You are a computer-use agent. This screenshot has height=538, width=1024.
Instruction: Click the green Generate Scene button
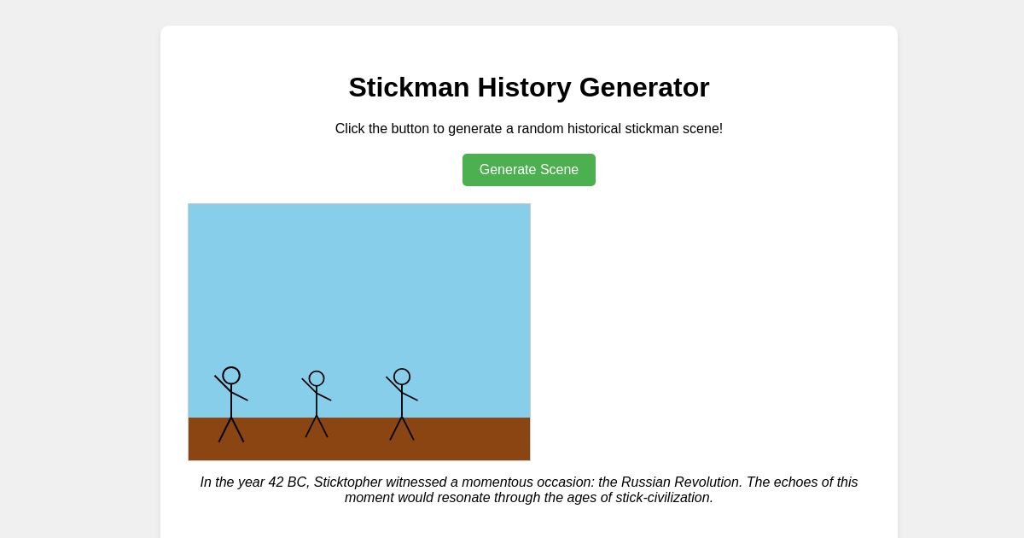529,170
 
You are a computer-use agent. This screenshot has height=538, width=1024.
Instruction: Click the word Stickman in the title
409,87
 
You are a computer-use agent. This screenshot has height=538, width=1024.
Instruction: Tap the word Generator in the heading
644,87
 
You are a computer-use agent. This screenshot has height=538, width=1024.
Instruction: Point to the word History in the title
524,87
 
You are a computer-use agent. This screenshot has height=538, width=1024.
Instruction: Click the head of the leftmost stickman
231,376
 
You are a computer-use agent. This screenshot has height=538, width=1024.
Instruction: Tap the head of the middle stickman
317,378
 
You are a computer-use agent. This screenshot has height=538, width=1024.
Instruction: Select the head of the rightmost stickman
402,377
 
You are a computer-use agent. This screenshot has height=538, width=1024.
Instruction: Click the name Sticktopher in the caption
348,482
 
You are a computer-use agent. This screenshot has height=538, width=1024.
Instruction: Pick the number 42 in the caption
276,482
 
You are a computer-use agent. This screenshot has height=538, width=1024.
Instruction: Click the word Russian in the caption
645,482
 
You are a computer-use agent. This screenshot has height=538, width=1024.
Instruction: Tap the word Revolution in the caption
707,482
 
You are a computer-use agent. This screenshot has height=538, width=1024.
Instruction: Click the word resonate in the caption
468,498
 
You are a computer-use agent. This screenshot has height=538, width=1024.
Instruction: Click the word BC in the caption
297,482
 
